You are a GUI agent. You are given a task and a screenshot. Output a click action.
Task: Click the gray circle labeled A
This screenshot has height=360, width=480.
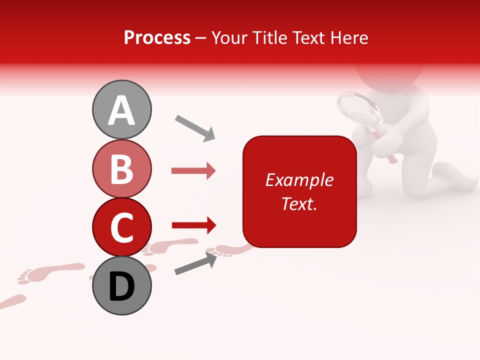pos(122,109)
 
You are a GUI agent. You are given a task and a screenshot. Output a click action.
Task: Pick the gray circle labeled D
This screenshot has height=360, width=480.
pos(122,285)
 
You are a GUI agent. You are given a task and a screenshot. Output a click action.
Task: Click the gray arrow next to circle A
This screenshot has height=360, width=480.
pos(194,127)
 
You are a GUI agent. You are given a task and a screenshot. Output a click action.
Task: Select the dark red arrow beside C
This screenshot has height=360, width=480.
pos(193,225)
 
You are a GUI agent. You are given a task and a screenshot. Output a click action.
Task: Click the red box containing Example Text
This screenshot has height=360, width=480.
pos(299,191)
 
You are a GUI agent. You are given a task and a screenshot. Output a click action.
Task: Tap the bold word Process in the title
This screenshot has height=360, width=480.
pos(157,37)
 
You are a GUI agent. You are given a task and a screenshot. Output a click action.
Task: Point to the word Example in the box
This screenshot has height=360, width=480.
pos(299,180)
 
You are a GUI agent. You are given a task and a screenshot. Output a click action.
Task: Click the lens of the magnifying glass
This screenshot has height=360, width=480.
pos(359,109)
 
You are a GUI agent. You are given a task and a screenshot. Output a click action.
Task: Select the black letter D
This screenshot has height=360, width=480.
pos(122,286)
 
